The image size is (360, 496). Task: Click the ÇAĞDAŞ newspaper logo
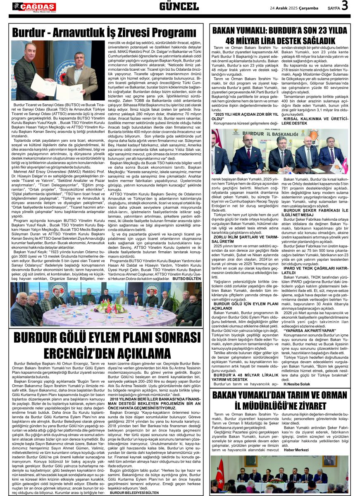tap(34, 7)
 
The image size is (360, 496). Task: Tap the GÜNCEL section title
tap(179, 7)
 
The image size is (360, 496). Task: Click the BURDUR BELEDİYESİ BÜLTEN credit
tap(133, 493)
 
